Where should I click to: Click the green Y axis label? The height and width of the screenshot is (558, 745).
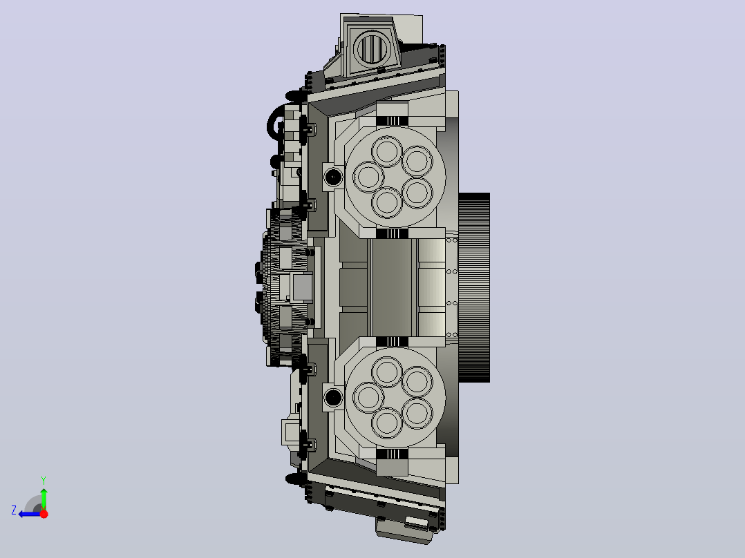[44, 480]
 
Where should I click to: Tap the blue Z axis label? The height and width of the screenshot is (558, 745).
[14, 510]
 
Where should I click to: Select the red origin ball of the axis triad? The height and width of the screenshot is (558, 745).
[44, 514]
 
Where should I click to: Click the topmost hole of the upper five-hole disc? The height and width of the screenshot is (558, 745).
[387, 151]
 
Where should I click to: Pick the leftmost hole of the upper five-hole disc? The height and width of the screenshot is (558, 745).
[368, 177]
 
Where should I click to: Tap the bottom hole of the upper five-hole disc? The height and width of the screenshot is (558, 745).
[387, 202]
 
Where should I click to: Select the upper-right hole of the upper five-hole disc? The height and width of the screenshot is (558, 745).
[417, 161]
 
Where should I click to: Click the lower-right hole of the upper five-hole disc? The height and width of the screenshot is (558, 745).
[417, 193]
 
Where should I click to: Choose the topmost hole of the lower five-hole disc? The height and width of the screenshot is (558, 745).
[387, 372]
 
